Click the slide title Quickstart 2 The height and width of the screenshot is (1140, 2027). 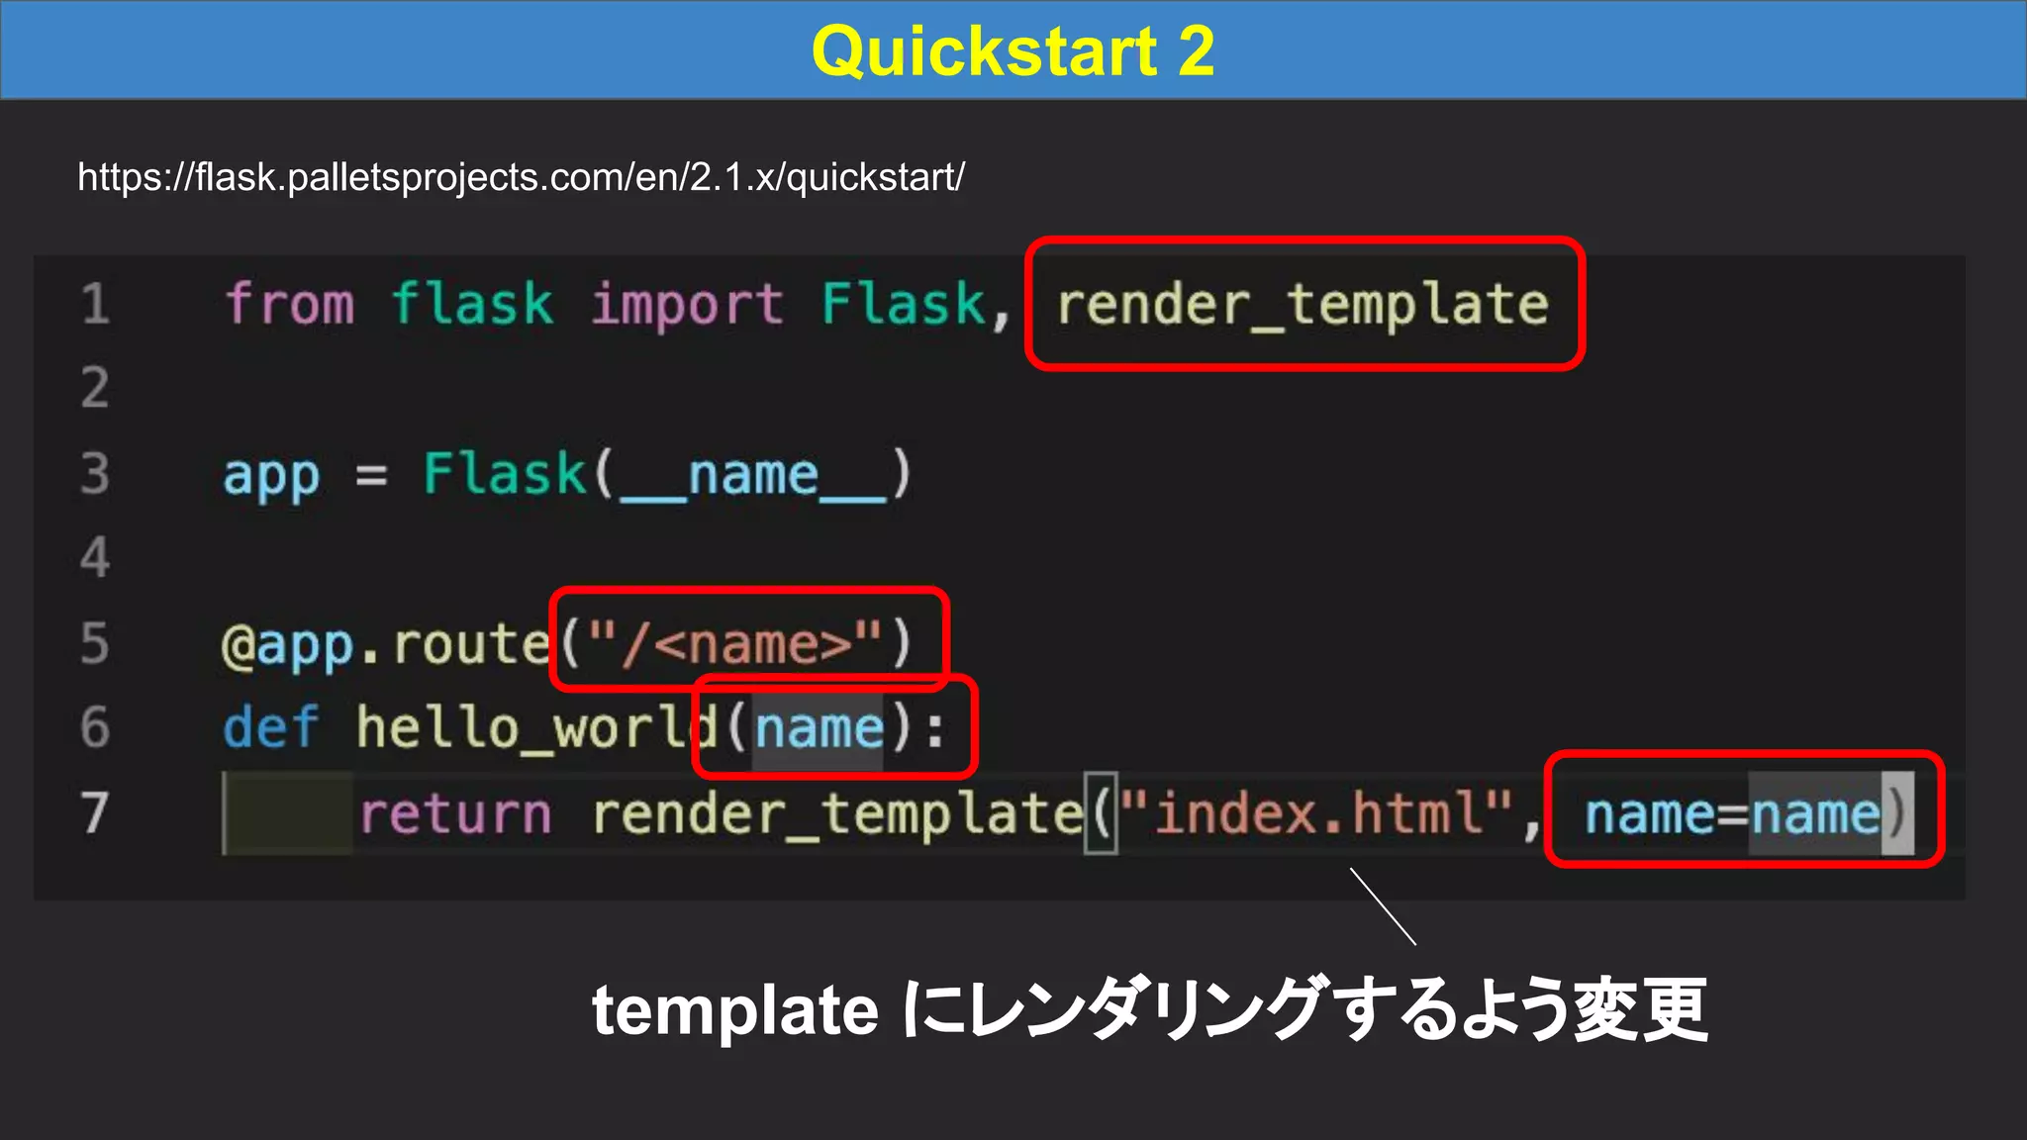(x=1013, y=50)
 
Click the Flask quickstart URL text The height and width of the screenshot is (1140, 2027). (x=521, y=177)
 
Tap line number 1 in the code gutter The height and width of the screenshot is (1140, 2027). (x=95, y=304)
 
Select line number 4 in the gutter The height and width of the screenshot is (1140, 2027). (x=95, y=557)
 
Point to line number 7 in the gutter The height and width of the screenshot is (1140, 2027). (x=95, y=812)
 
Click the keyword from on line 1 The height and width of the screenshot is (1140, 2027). (x=289, y=304)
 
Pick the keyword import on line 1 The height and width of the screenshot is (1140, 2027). (x=687, y=304)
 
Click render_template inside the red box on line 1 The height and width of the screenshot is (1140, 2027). (x=1303, y=304)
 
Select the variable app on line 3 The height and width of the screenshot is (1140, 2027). (x=271, y=475)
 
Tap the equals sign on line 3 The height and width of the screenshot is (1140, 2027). (x=371, y=476)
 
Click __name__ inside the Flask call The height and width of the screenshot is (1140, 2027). (x=752, y=475)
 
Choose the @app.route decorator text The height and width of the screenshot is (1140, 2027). (x=386, y=645)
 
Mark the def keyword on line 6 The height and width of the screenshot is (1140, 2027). (x=270, y=727)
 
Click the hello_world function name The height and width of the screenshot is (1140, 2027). (x=535, y=728)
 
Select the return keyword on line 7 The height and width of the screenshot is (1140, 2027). (x=455, y=813)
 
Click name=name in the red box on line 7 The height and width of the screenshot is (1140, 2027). (x=1732, y=814)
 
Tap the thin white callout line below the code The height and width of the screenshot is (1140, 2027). (x=1383, y=906)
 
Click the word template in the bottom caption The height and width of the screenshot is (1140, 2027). (x=734, y=1010)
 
